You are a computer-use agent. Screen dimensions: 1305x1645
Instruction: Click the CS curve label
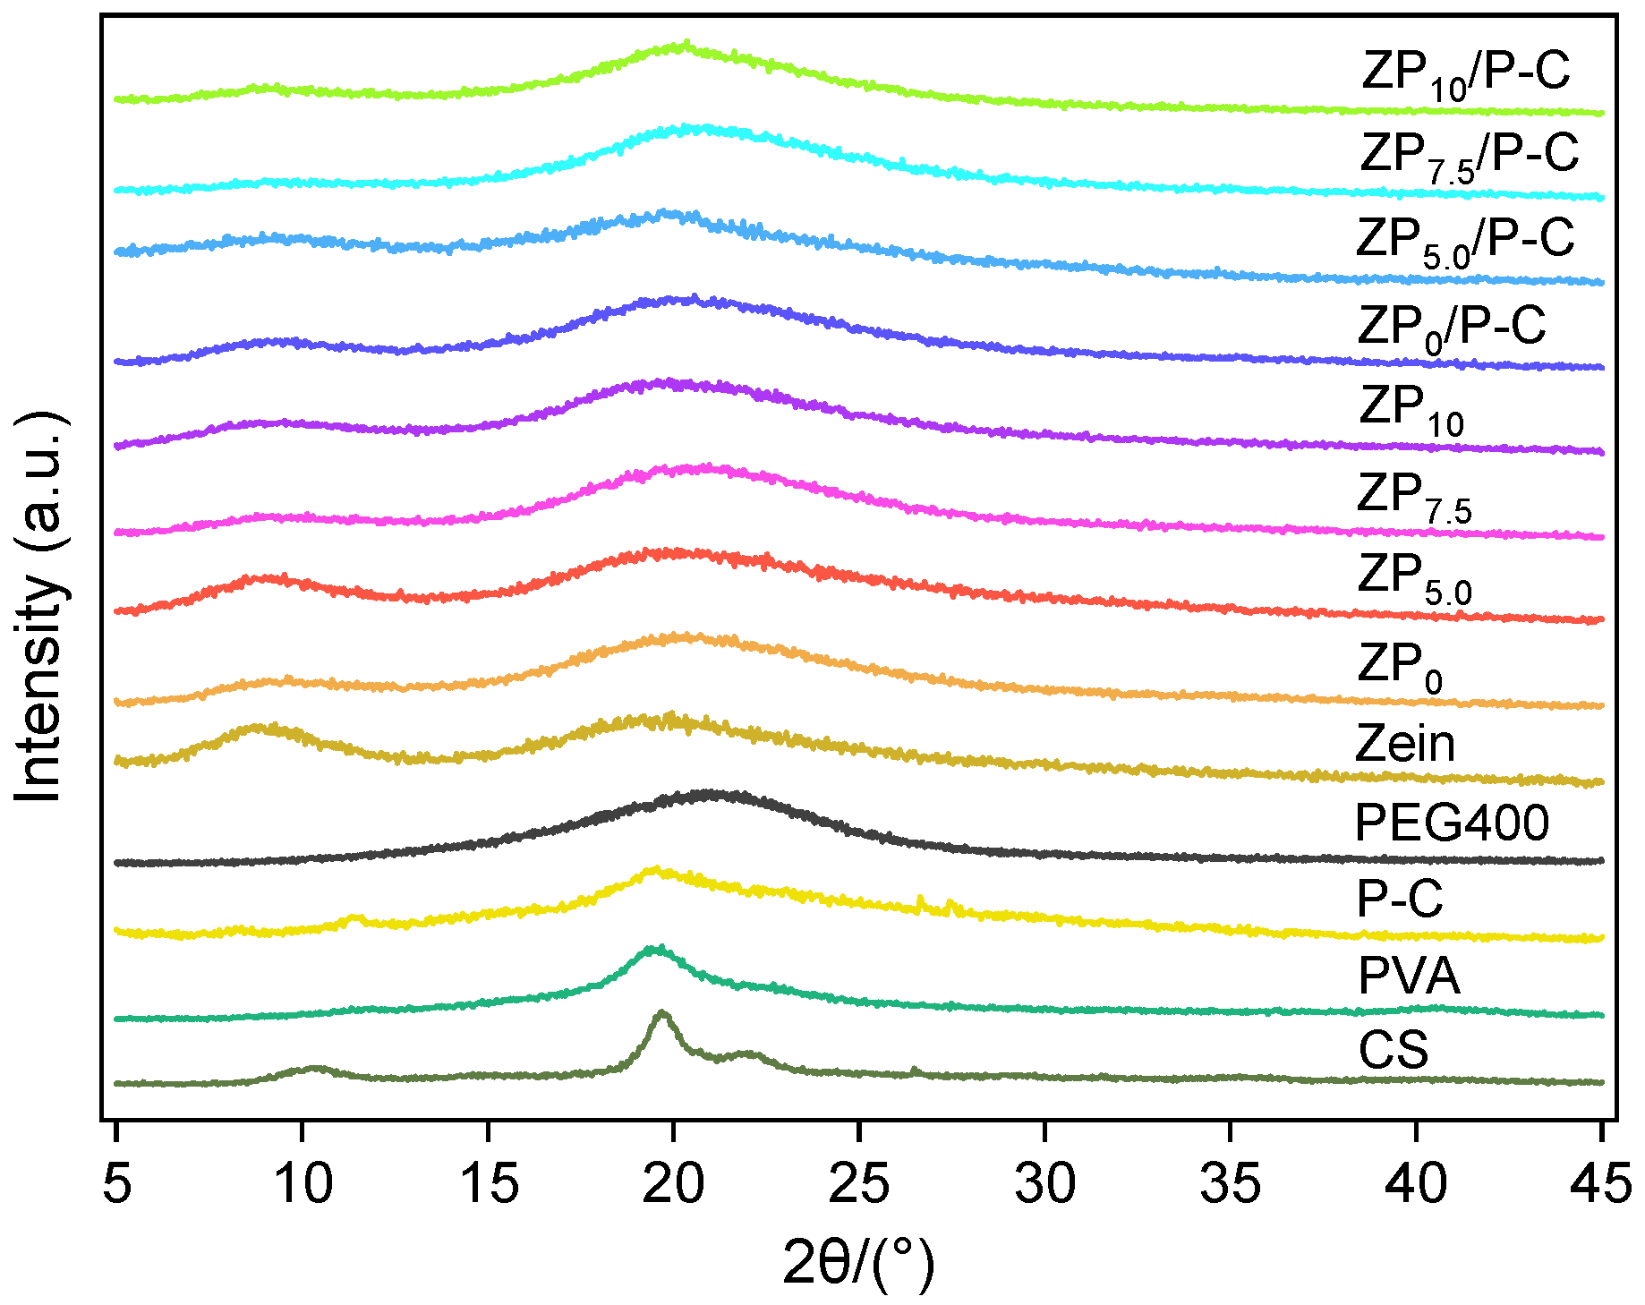point(1393,1051)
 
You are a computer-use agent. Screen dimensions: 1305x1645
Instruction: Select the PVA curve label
point(1409,976)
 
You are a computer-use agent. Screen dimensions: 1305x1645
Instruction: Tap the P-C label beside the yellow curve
point(1400,899)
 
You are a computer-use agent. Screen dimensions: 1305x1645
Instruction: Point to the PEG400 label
point(1452,823)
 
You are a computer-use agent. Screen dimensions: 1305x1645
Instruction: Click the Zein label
point(1405,744)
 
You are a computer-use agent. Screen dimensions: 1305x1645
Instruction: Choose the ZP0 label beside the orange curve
point(1400,667)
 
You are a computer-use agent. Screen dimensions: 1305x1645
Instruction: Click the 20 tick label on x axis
point(674,1184)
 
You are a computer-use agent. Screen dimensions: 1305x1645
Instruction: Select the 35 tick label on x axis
point(1230,1184)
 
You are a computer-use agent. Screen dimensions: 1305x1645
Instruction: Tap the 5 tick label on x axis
point(117,1184)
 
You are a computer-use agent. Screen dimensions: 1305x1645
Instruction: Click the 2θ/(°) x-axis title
point(857,1262)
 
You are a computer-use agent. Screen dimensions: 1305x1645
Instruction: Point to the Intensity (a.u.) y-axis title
point(40,609)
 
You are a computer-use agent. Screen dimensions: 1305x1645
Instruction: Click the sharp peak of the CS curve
point(662,1013)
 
